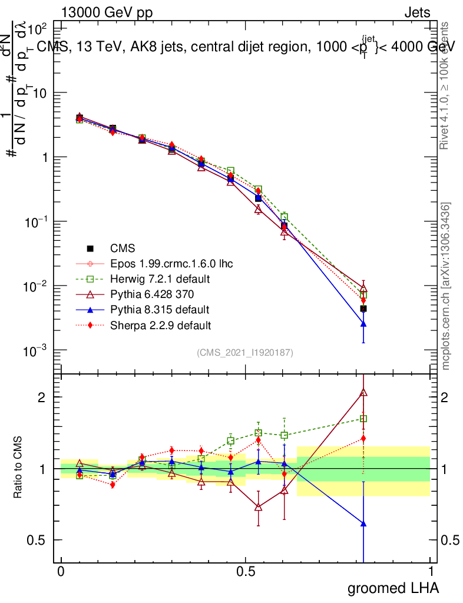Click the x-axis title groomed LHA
(x=393, y=588)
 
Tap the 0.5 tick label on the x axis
(x=246, y=572)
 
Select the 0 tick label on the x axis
(x=61, y=572)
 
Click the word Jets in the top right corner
(x=417, y=12)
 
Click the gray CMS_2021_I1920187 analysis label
(x=245, y=352)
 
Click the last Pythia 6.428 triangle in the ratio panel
(x=363, y=392)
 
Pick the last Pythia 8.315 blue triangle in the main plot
(x=363, y=324)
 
